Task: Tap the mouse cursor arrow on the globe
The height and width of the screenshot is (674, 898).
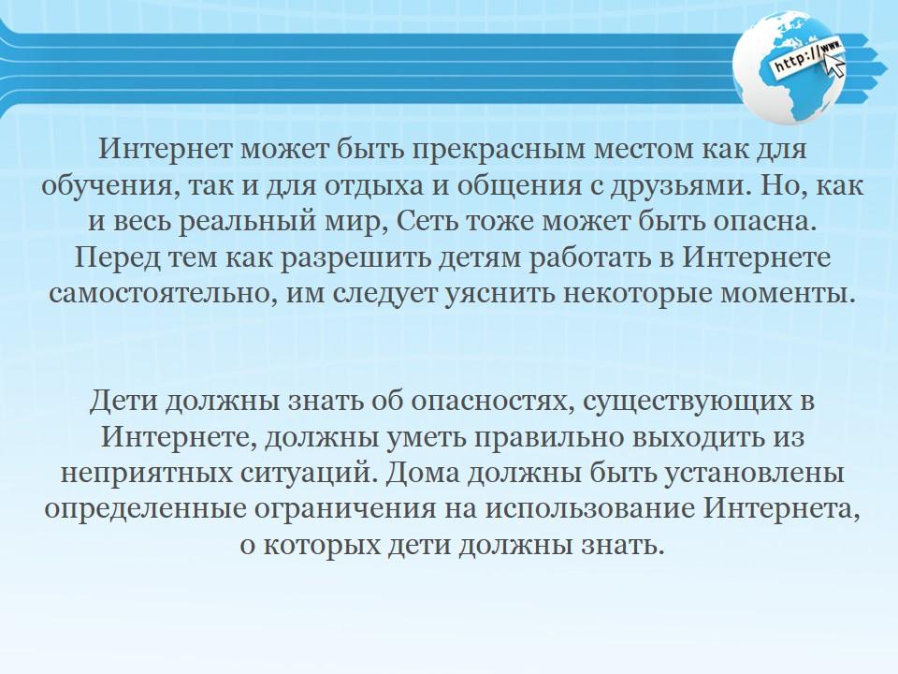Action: pos(834,65)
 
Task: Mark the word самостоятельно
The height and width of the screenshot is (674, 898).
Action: pos(163,293)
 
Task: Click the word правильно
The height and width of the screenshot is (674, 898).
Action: pos(549,437)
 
